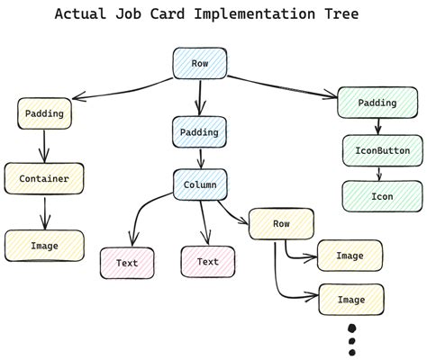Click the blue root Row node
click(199, 64)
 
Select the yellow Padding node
click(44, 114)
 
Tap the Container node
click(44, 178)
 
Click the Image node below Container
click(44, 245)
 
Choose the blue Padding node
click(199, 132)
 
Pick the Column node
click(199, 184)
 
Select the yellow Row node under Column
click(281, 223)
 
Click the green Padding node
click(377, 103)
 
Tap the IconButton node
click(382, 150)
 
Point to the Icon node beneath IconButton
click(382, 196)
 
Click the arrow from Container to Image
click(44, 211)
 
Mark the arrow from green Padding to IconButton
click(379, 126)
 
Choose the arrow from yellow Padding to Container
click(44, 145)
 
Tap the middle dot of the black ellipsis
click(352, 341)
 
